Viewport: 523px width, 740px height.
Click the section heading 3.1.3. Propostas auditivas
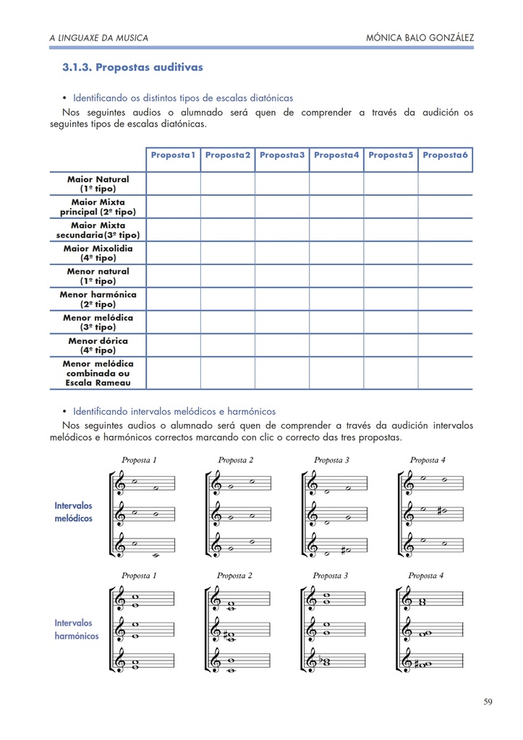(132, 67)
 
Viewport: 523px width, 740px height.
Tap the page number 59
(488, 702)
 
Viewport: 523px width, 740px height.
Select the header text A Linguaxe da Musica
(98, 38)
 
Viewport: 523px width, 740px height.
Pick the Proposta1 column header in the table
(174, 155)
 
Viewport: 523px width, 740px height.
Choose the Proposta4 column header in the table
(336, 155)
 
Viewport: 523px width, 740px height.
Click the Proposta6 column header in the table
(445, 155)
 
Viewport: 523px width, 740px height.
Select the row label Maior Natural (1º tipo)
(98, 184)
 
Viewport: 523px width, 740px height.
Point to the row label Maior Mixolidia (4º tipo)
(98, 253)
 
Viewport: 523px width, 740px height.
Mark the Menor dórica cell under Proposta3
(282, 345)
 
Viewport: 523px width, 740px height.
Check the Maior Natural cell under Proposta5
(391, 184)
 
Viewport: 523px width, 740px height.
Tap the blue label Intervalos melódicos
(74, 512)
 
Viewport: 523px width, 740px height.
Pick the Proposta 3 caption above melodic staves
(331, 460)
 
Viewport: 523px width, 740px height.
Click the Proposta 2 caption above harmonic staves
(234, 576)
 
